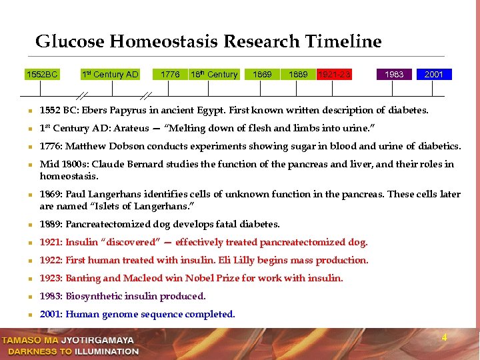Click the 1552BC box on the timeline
(x=42, y=74)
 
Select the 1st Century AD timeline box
(x=110, y=74)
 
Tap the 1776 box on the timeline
(x=170, y=74)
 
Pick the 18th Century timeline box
(x=213, y=74)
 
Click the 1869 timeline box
(x=262, y=74)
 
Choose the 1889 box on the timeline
(x=298, y=74)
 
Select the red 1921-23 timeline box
(x=334, y=74)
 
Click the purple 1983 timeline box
(x=395, y=74)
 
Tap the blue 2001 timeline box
(x=433, y=74)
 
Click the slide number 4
(x=444, y=338)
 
